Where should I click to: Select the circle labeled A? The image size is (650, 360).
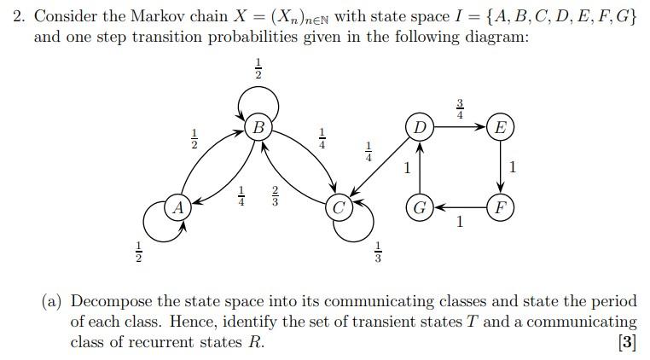(x=177, y=207)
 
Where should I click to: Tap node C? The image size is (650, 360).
(x=340, y=207)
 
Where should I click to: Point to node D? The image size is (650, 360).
(x=419, y=128)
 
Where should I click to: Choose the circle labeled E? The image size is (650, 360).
(x=500, y=128)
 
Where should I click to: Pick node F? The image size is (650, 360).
(x=500, y=207)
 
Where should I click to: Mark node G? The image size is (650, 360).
(x=419, y=207)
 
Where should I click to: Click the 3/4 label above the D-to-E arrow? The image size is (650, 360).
(x=460, y=108)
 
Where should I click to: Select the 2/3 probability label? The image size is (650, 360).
(x=275, y=196)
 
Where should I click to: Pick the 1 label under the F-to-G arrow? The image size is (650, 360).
(x=460, y=223)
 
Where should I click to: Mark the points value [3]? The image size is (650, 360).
(x=627, y=342)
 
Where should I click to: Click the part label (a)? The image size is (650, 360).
(x=53, y=301)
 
